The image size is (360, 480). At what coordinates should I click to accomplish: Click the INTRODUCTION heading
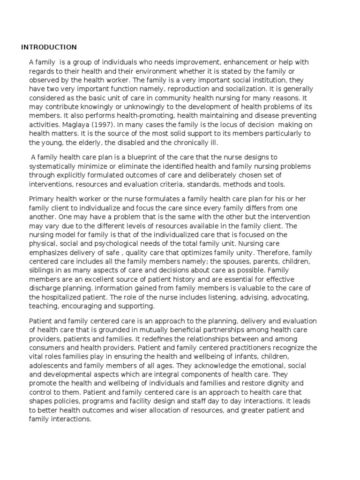[49, 47]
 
